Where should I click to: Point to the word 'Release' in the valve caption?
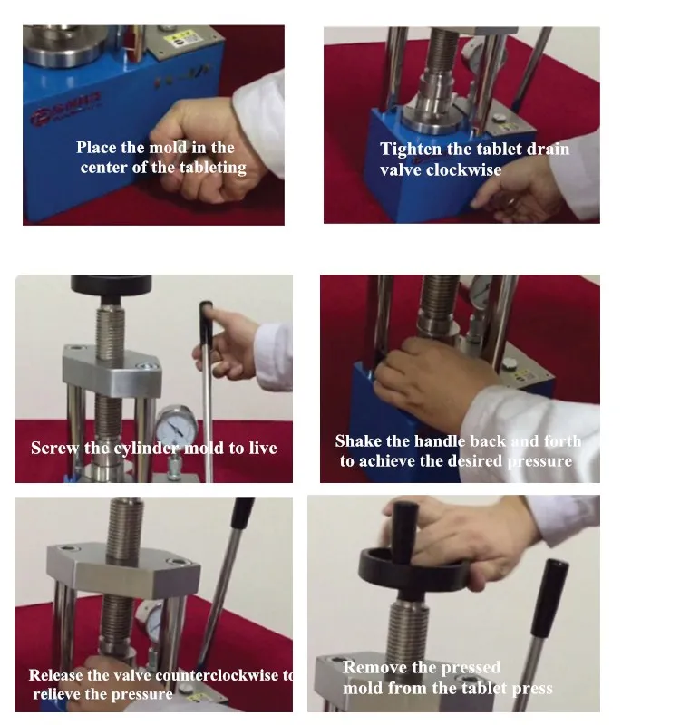[x=55, y=675]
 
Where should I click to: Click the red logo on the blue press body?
[x=65, y=109]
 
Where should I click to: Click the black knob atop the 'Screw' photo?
[x=111, y=286]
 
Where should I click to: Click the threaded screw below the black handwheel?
[x=407, y=629]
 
